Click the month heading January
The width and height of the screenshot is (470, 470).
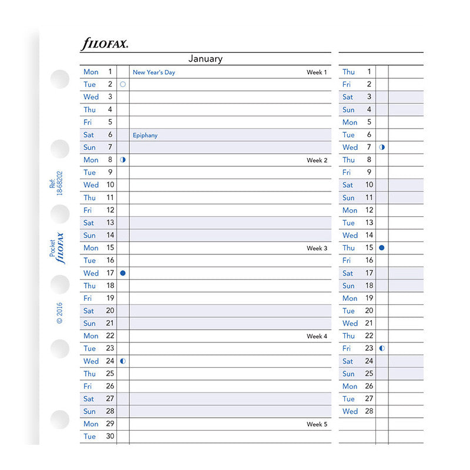point(205,59)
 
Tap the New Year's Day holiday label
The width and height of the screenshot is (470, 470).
point(154,72)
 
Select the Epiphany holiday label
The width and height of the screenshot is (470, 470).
point(145,135)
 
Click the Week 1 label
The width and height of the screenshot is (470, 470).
point(317,72)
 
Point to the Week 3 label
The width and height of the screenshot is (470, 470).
point(317,249)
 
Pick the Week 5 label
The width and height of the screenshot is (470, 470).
point(317,424)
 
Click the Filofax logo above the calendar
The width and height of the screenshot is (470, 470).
point(104,43)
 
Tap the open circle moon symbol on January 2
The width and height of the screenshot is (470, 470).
point(123,85)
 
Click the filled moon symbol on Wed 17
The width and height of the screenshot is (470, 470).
point(123,273)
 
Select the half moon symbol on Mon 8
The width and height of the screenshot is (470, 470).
point(123,160)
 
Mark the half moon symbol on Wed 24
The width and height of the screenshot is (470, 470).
point(123,361)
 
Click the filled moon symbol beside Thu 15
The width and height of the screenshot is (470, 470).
point(382,248)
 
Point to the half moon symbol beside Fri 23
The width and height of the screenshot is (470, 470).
point(382,348)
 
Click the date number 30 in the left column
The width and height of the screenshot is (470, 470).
point(110,437)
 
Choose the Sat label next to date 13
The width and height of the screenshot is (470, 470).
point(89,223)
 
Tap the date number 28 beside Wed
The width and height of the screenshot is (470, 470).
point(368,411)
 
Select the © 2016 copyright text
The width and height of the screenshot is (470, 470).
point(59,313)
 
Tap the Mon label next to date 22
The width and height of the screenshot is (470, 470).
point(91,336)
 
